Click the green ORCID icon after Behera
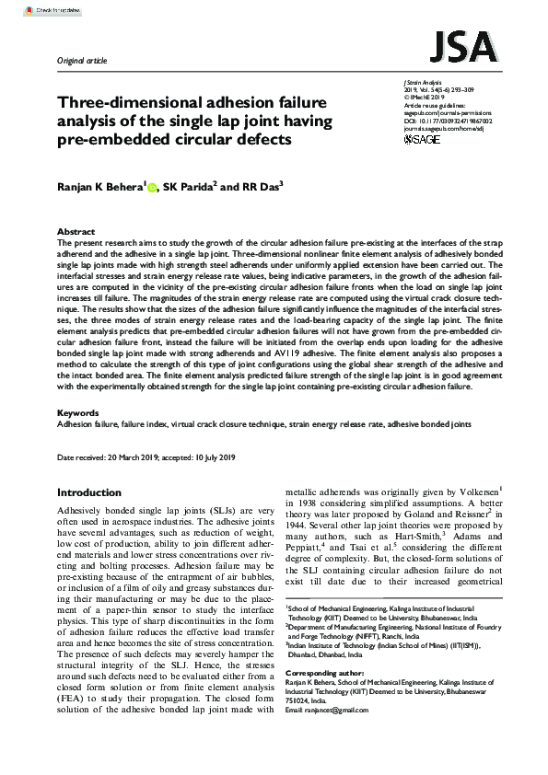pos(151,186)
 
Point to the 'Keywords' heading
pos(77,413)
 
